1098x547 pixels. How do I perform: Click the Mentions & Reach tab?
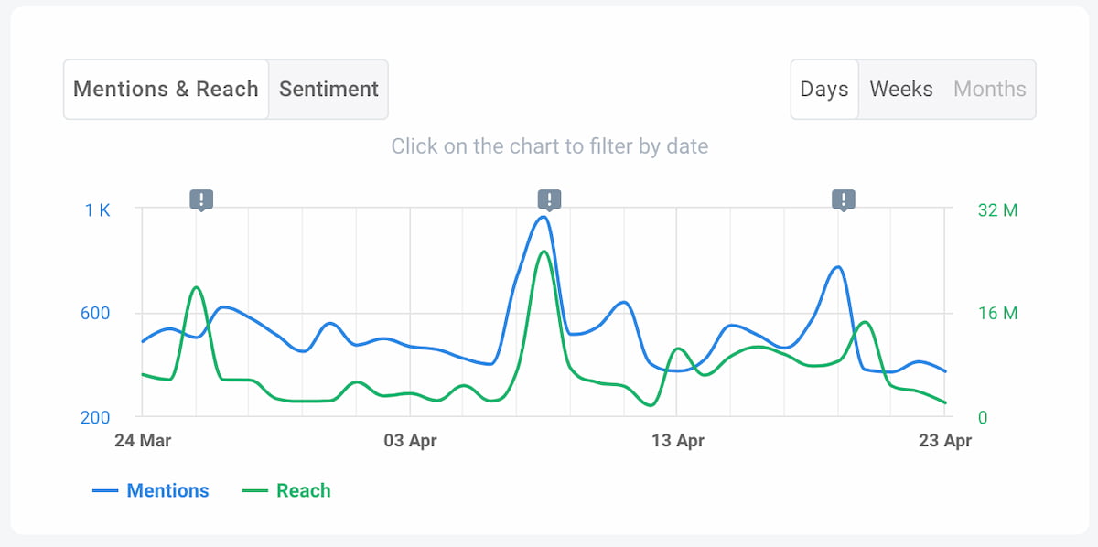pyautogui.click(x=166, y=90)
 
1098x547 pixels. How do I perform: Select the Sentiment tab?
pyautogui.click(x=328, y=90)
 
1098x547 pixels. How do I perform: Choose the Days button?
pyautogui.click(x=824, y=90)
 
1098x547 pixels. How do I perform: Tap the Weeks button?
pyautogui.click(x=901, y=90)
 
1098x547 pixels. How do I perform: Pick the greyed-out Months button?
pyautogui.click(x=990, y=90)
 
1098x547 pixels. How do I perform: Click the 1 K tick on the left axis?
pyautogui.click(x=97, y=209)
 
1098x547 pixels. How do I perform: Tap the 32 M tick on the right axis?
pyautogui.click(x=997, y=209)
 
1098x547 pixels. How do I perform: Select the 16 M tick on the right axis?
pyautogui.click(x=997, y=314)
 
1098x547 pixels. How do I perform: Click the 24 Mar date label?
pyautogui.click(x=143, y=441)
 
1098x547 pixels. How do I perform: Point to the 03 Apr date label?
pyautogui.click(x=410, y=441)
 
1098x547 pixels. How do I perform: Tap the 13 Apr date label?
pyautogui.click(x=677, y=441)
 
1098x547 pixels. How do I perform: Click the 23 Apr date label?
pyautogui.click(x=944, y=441)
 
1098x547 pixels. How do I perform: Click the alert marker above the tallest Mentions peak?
pyautogui.click(x=549, y=199)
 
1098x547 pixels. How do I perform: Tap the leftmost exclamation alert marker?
pyautogui.click(x=201, y=199)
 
